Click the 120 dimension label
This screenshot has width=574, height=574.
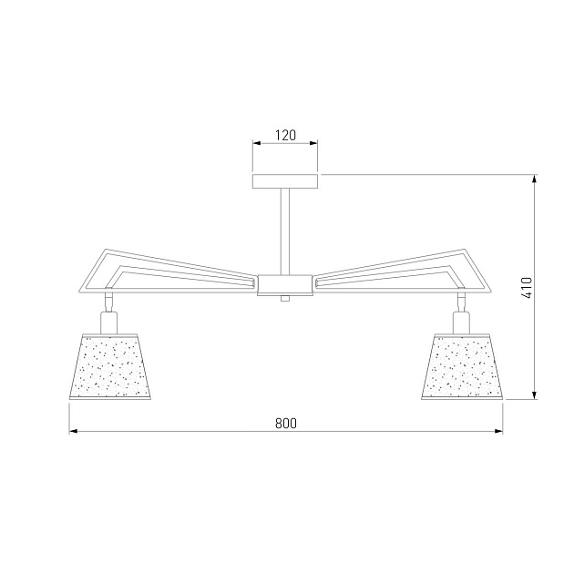click(285, 136)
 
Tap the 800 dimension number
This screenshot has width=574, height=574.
click(286, 424)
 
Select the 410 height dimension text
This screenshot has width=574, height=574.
click(527, 287)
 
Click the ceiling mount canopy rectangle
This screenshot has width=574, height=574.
click(285, 181)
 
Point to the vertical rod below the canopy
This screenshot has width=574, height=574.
click(285, 231)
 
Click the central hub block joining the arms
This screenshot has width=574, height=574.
click(285, 285)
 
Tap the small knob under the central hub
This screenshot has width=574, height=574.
click(285, 298)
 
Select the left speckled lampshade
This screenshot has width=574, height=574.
click(110, 366)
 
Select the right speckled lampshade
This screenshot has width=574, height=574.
click(462, 366)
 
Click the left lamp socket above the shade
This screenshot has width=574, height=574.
click(108, 323)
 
